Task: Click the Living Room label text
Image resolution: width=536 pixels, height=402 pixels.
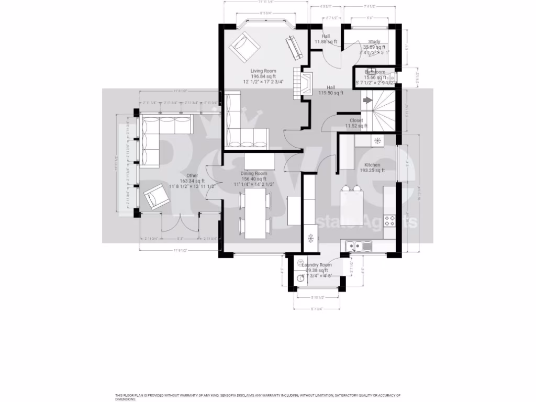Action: pos(263,71)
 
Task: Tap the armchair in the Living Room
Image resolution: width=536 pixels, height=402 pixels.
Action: pos(244,46)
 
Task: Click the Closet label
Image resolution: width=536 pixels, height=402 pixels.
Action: pos(356,120)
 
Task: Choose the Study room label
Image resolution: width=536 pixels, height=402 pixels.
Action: pos(374,41)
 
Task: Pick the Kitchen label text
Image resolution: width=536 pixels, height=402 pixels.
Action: pos(372,165)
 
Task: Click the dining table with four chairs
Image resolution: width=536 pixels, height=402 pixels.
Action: pos(255,210)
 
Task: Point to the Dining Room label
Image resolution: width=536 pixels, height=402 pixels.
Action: pos(254,173)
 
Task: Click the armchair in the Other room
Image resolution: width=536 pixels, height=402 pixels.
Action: pos(156,197)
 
